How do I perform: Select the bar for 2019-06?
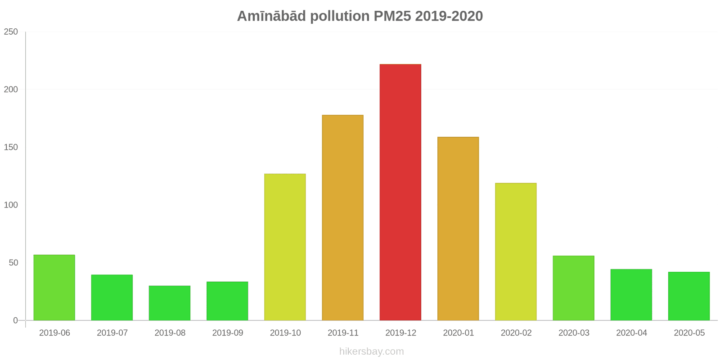(54, 288)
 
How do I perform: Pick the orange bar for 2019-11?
(342, 218)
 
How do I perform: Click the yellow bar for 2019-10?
(285, 247)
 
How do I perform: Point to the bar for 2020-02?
(516, 252)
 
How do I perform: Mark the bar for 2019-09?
(227, 301)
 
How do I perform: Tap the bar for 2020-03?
(573, 288)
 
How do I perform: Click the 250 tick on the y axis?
(11, 32)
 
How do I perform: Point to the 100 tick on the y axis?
(11, 205)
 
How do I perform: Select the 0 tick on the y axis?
(15, 320)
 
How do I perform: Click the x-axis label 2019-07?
(112, 333)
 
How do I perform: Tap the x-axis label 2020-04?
(631, 333)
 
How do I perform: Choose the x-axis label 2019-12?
(400, 333)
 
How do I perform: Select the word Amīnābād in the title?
(272, 16)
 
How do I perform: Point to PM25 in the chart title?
(392, 16)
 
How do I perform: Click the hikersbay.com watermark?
(371, 351)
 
